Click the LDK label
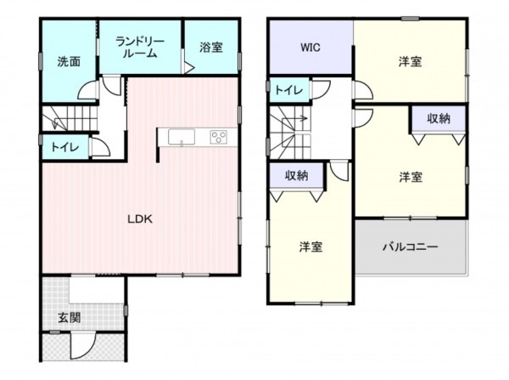pos(139,218)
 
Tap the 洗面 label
pos(69,61)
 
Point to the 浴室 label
pos(211,48)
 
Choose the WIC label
pos(309,48)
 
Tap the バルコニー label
pos(410,247)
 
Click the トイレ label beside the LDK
pos(65,147)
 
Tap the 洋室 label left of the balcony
pos(310,247)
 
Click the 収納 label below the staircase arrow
pos(296,175)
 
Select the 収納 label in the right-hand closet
pos(438,118)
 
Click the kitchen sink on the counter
pos(181,138)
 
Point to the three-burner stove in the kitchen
pos(218,138)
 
